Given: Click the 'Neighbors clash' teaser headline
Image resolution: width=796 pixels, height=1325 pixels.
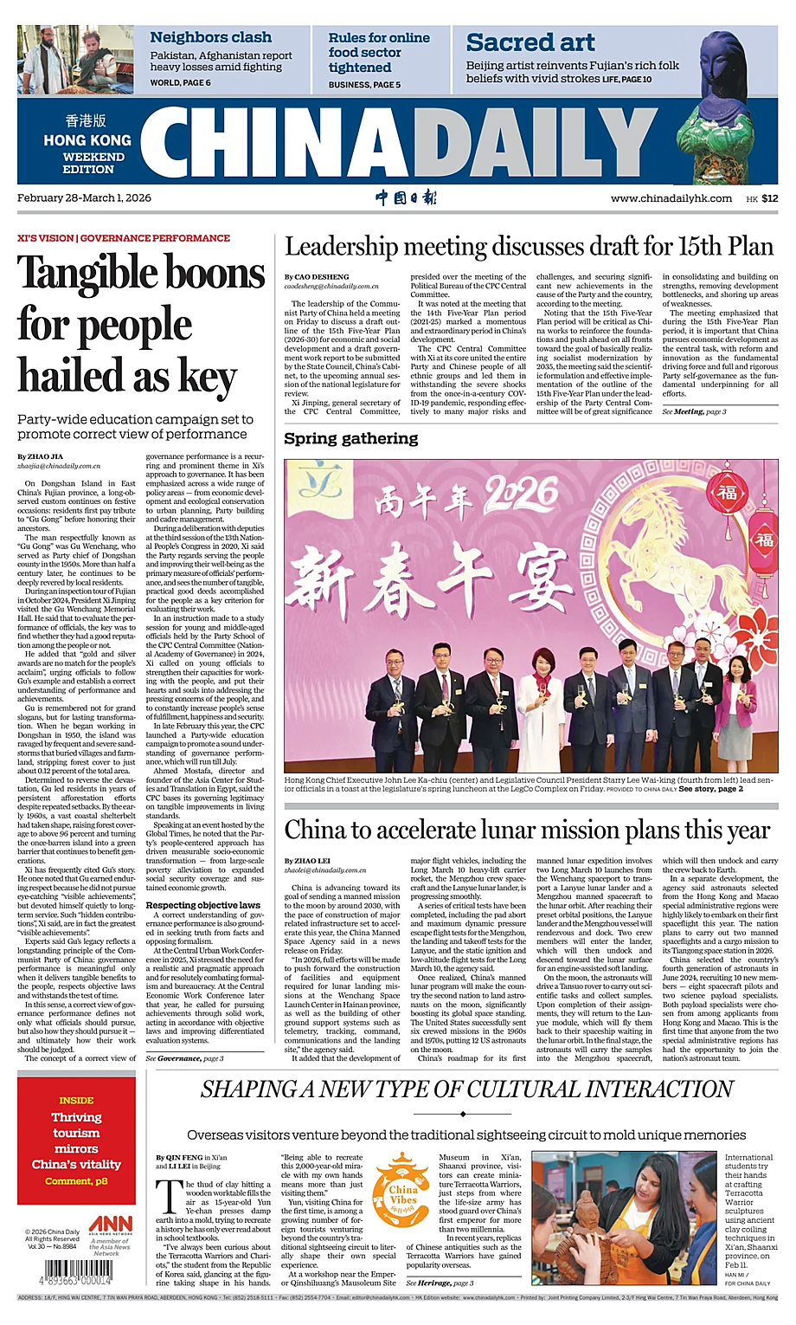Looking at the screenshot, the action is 210,37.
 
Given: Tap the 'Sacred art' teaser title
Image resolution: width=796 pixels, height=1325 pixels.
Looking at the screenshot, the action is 530,42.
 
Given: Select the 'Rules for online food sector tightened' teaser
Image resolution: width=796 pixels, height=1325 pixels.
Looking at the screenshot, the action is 378,53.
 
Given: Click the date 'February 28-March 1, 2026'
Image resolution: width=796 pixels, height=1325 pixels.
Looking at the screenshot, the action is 84,197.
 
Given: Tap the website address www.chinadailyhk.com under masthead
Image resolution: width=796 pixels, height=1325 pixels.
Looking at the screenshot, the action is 671,198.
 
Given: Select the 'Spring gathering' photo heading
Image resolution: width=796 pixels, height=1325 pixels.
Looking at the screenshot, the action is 350,438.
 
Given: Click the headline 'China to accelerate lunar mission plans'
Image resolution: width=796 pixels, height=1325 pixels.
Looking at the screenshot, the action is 526,830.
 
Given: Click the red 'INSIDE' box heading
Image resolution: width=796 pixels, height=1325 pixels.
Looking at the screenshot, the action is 76,1100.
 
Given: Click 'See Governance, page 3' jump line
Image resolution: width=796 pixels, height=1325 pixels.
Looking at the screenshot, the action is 184,1058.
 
